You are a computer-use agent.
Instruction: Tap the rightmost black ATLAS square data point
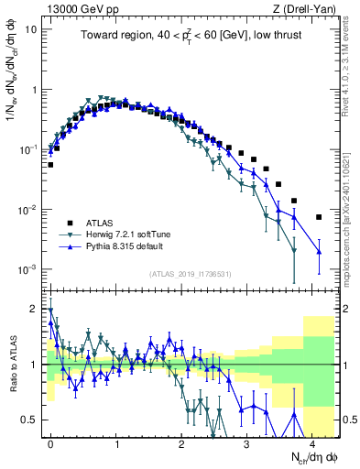coord(318,217)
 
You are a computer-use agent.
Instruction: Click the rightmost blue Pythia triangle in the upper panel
coord(318,251)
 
